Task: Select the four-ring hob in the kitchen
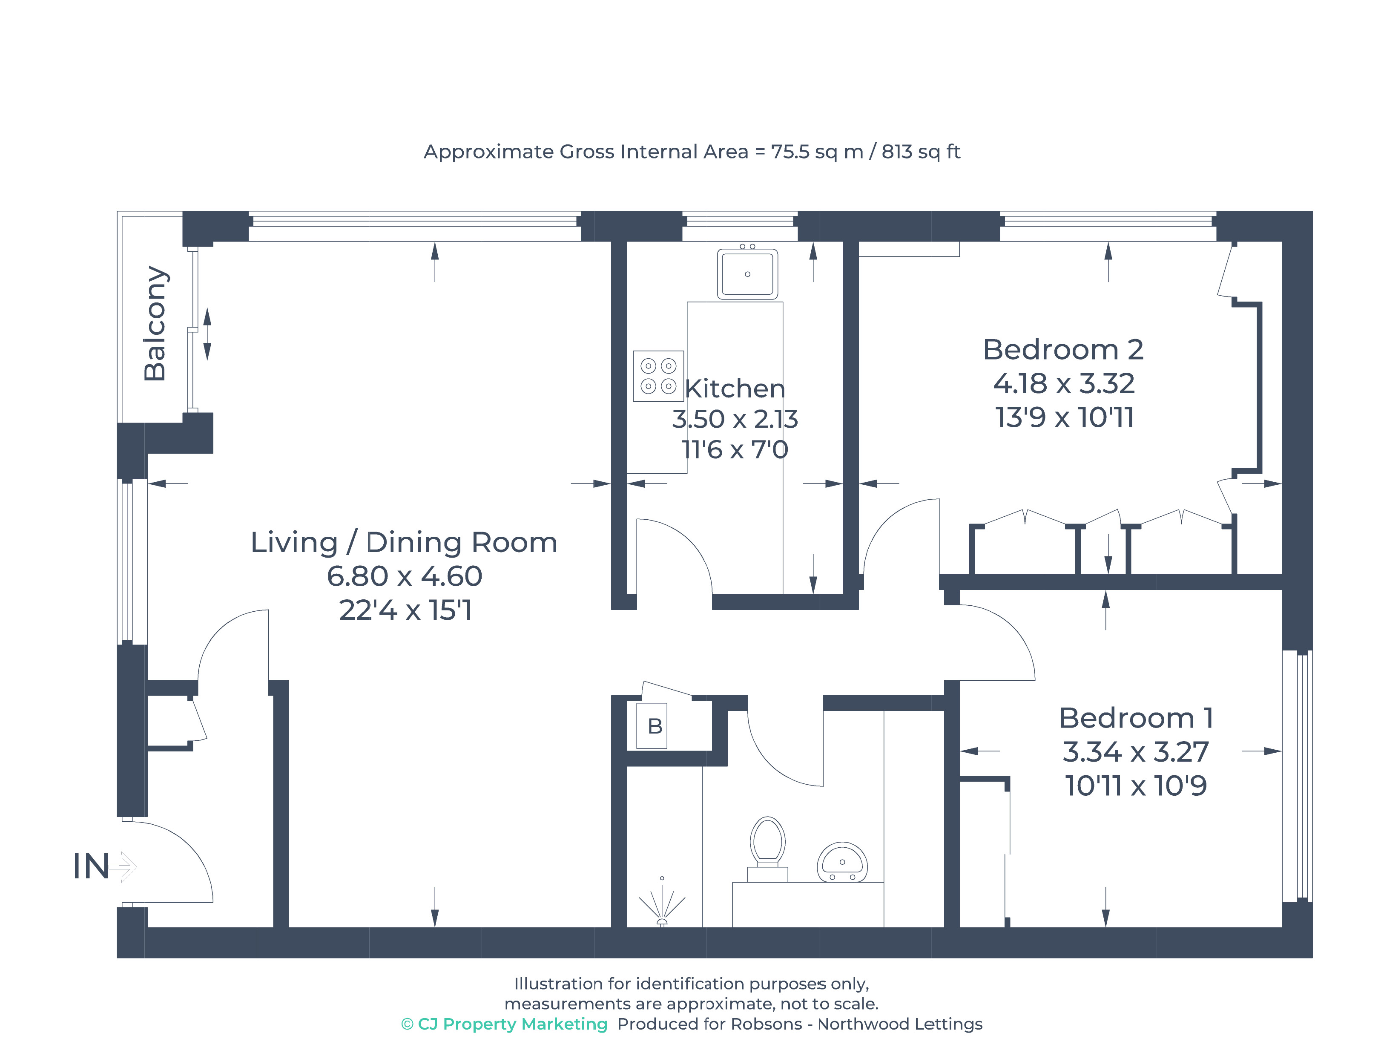pyautogui.click(x=658, y=376)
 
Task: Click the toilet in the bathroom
pyautogui.click(x=767, y=849)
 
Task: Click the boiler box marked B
pyautogui.click(x=652, y=725)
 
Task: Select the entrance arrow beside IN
pyautogui.click(x=123, y=867)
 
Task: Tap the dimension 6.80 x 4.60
pyautogui.click(x=405, y=576)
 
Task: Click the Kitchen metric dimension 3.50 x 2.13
pyautogui.click(x=735, y=419)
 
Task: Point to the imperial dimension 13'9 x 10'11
pyautogui.click(x=1064, y=417)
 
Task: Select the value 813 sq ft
pyautogui.click(x=921, y=152)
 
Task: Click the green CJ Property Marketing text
pyautogui.click(x=505, y=1024)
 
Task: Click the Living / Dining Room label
pyautogui.click(x=404, y=542)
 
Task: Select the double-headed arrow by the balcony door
pyautogui.click(x=207, y=334)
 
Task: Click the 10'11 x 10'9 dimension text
pyautogui.click(x=1136, y=786)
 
